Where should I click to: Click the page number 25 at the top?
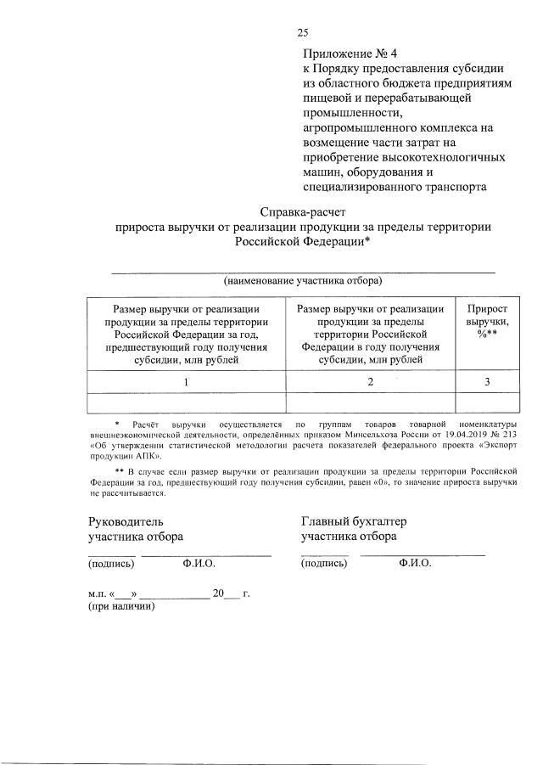(303, 33)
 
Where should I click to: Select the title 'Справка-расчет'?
(303, 211)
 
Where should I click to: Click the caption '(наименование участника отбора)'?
(303, 279)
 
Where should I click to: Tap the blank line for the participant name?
(303, 270)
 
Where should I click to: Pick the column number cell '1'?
(187, 382)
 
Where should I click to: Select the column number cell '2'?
(370, 382)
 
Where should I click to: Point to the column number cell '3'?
(487, 382)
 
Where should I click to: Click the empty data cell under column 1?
(187, 402)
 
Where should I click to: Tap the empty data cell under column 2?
(370, 402)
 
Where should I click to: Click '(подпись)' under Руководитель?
(111, 562)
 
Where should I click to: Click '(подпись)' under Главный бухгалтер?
(324, 562)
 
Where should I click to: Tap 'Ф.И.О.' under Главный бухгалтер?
(415, 562)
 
